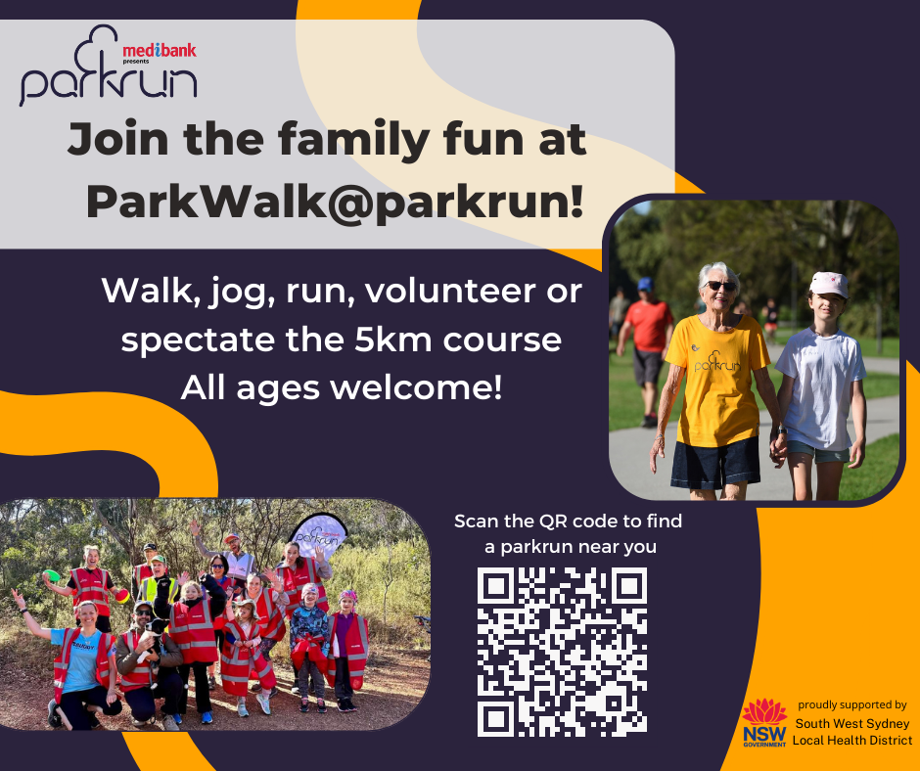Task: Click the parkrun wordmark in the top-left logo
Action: click(x=108, y=82)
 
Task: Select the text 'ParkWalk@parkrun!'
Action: click(x=336, y=201)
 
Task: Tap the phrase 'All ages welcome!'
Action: click(x=341, y=388)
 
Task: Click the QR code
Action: click(x=562, y=652)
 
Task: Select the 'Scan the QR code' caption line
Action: click(x=568, y=522)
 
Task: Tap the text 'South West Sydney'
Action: click(x=851, y=724)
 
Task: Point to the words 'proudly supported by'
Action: click(x=851, y=704)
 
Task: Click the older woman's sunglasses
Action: click(x=721, y=286)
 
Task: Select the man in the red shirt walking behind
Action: click(x=647, y=342)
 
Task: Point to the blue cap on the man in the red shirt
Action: click(x=646, y=285)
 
